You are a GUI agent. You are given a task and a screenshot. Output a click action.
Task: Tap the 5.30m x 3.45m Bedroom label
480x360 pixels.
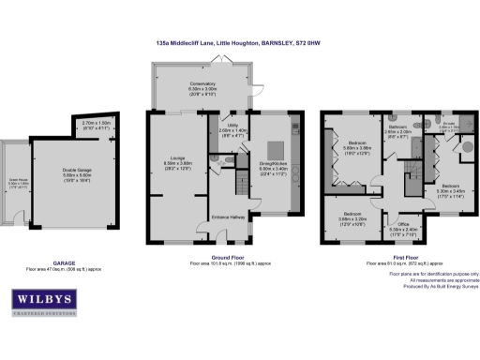450,190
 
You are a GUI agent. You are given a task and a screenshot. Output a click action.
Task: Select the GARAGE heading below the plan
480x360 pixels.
65,263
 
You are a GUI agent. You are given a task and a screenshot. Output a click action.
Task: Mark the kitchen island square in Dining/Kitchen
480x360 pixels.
277,148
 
